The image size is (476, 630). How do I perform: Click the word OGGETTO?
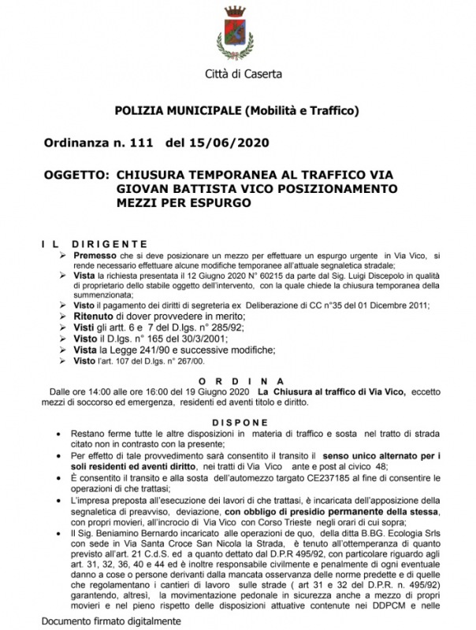(76, 174)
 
